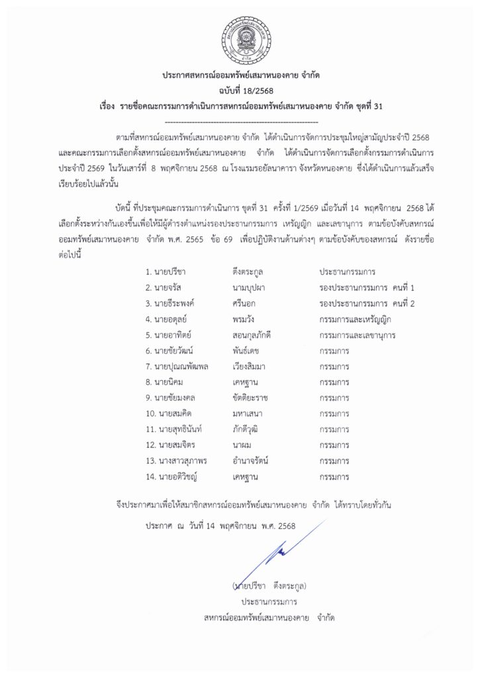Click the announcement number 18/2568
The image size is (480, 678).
[x=240, y=89]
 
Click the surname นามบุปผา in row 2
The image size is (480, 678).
[x=250, y=288]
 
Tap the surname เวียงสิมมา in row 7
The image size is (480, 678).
[x=251, y=366]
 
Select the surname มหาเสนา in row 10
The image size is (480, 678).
[x=248, y=414]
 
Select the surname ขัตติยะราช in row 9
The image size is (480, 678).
[x=251, y=398]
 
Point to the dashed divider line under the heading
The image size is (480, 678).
[x=240, y=122]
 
